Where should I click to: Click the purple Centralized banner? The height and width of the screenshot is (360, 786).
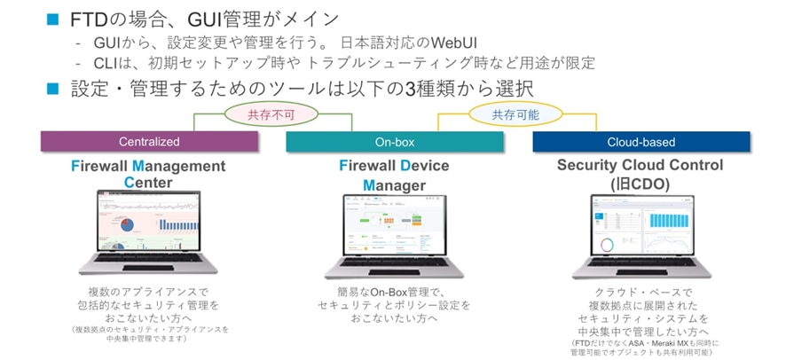pyautogui.click(x=149, y=142)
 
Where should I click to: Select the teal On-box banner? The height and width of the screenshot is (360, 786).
pyautogui.click(x=394, y=142)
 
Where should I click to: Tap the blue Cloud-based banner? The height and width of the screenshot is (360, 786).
pyautogui.click(x=641, y=142)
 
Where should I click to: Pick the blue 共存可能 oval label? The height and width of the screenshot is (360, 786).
pyautogui.click(x=515, y=114)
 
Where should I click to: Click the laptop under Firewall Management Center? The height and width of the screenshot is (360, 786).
pyautogui.click(x=148, y=231)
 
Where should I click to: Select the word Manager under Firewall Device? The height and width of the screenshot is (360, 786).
pyautogui.click(x=394, y=185)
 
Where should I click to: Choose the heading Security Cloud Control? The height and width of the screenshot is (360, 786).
pyautogui.click(x=640, y=165)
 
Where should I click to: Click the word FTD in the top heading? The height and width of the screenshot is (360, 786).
pyautogui.click(x=93, y=17)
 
